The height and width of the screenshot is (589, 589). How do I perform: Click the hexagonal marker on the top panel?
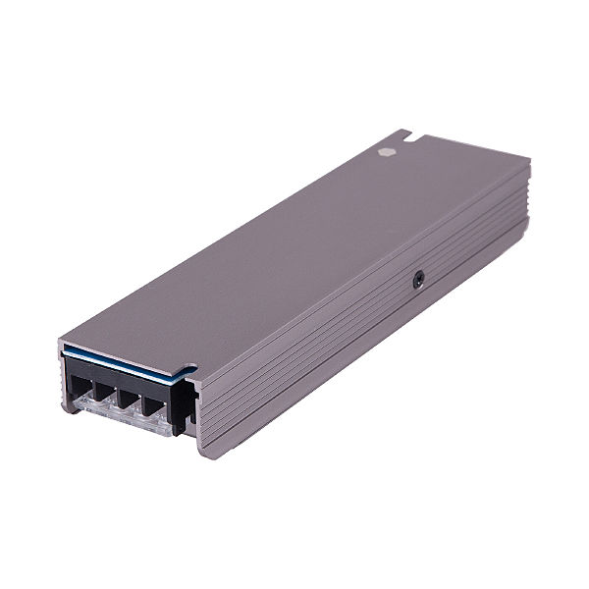point(384,153)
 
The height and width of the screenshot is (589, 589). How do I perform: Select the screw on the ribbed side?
point(420,280)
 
